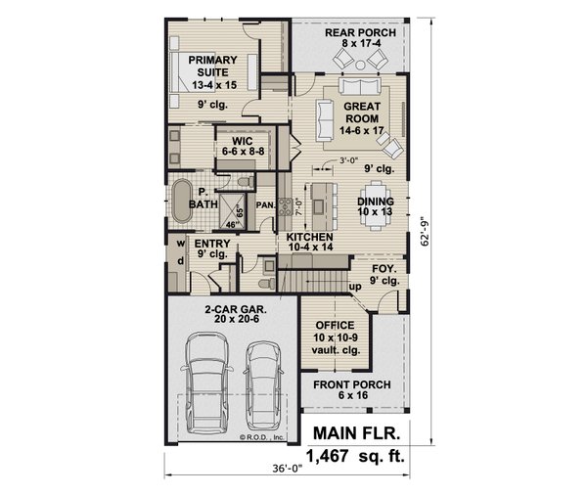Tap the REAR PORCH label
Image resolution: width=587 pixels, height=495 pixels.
click(360, 38)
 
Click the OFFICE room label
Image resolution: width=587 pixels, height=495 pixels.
click(329, 332)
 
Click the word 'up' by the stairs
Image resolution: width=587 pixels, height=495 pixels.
click(355, 288)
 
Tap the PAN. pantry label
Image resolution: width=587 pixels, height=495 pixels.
click(264, 205)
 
